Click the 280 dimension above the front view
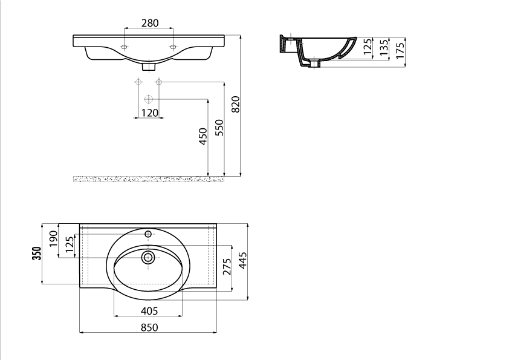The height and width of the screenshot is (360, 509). pyautogui.click(x=150, y=23)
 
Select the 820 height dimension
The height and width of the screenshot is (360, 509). pyautogui.click(x=236, y=104)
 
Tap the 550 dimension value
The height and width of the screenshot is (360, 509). pyautogui.click(x=219, y=128)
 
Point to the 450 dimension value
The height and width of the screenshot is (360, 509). pyautogui.click(x=203, y=137)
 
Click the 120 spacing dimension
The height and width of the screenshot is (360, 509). pyautogui.click(x=150, y=113)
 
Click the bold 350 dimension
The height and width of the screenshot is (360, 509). pyautogui.click(x=37, y=254)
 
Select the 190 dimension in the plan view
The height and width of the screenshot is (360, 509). pyautogui.click(x=53, y=239)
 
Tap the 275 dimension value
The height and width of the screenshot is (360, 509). pyautogui.click(x=227, y=266)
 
